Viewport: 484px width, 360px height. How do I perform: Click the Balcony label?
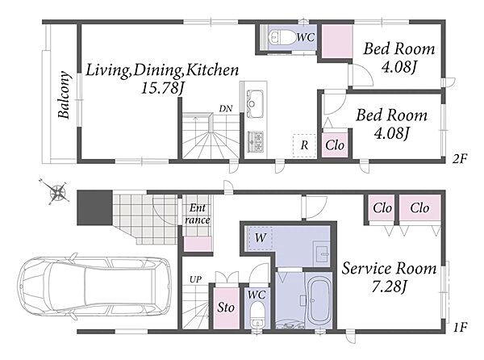(64, 95)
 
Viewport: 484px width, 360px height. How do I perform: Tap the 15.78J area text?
(162, 88)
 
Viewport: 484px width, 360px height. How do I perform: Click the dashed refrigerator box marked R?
(304, 146)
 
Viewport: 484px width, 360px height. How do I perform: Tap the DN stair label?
(226, 109)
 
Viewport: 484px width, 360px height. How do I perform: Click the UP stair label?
(195, 280)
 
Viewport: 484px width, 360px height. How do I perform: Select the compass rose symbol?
(57, 192)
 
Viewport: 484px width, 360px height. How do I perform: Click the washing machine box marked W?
(260, 238)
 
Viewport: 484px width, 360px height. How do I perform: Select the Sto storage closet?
(226, 308)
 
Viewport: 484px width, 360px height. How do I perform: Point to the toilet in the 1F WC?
(257, 315)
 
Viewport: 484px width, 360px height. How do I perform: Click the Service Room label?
(389, 268)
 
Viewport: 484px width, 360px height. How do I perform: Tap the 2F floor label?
(461, 159)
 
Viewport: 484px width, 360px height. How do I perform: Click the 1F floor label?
(461, 327)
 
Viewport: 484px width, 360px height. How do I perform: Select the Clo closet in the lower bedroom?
(335, 144)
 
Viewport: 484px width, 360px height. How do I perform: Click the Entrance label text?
(198, 214)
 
